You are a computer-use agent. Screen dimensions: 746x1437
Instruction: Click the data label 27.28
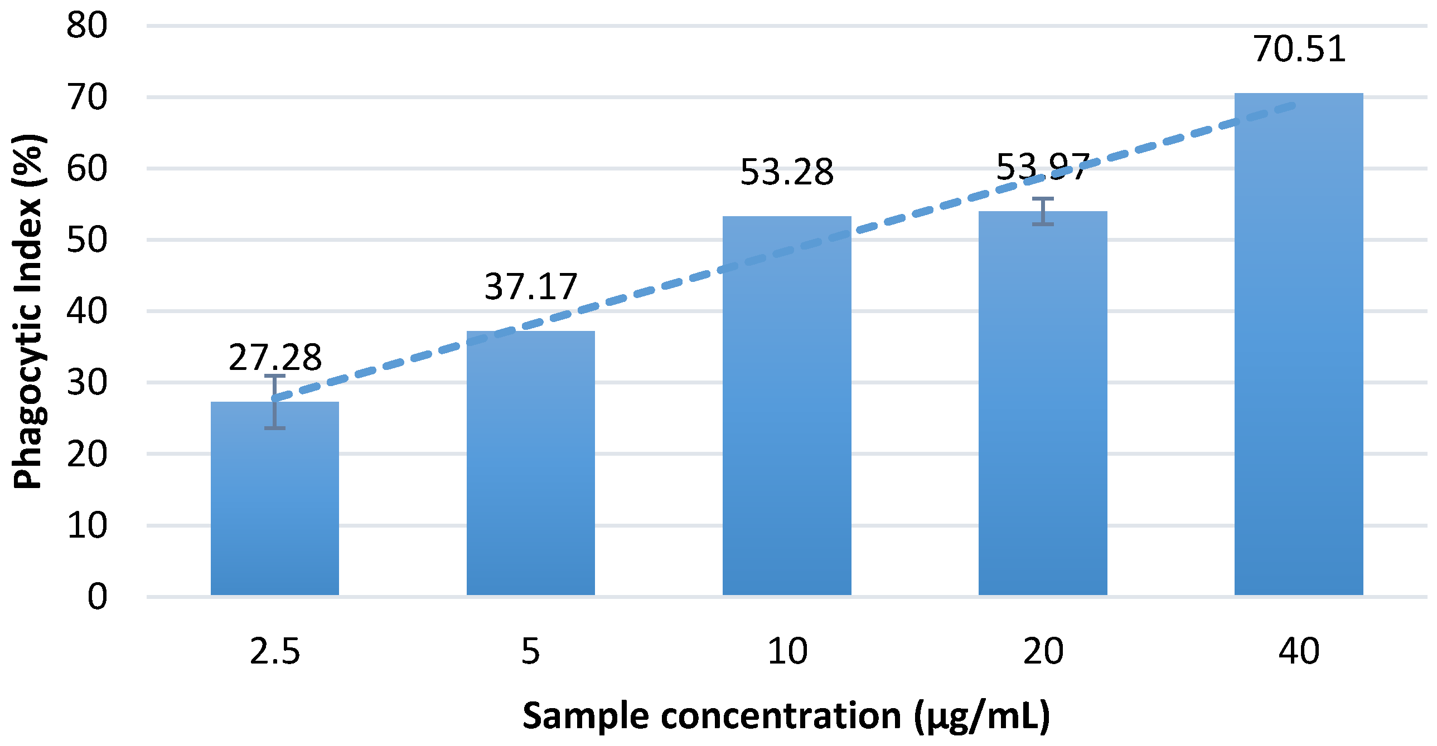click(275, 357)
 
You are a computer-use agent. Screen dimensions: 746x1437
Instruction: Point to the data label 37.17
click(530, 286)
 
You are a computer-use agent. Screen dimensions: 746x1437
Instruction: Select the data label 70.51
click(1299, 48)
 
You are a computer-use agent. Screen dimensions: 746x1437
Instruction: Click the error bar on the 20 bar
click(1043, 211)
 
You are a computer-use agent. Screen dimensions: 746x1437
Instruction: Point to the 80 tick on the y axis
click(87, 26)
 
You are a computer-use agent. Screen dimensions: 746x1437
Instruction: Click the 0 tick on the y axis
click(97, 597)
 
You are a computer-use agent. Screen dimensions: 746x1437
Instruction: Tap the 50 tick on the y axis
click(87, 240)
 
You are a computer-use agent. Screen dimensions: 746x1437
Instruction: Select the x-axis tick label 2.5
click(274, 651)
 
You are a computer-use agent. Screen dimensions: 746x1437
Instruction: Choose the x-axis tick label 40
click(1299, 651)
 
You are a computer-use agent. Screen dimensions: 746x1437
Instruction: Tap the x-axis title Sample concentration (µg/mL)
click(786, 715)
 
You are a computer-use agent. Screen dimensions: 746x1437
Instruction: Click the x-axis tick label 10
click(787, 651)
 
